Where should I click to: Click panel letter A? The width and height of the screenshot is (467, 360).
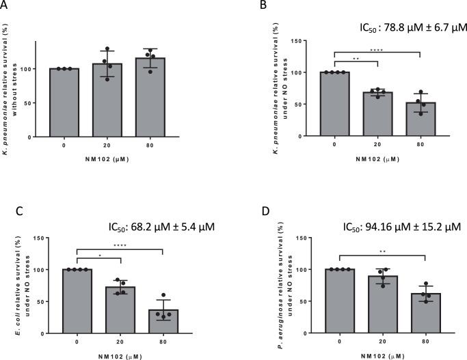(x=5, y=5)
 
